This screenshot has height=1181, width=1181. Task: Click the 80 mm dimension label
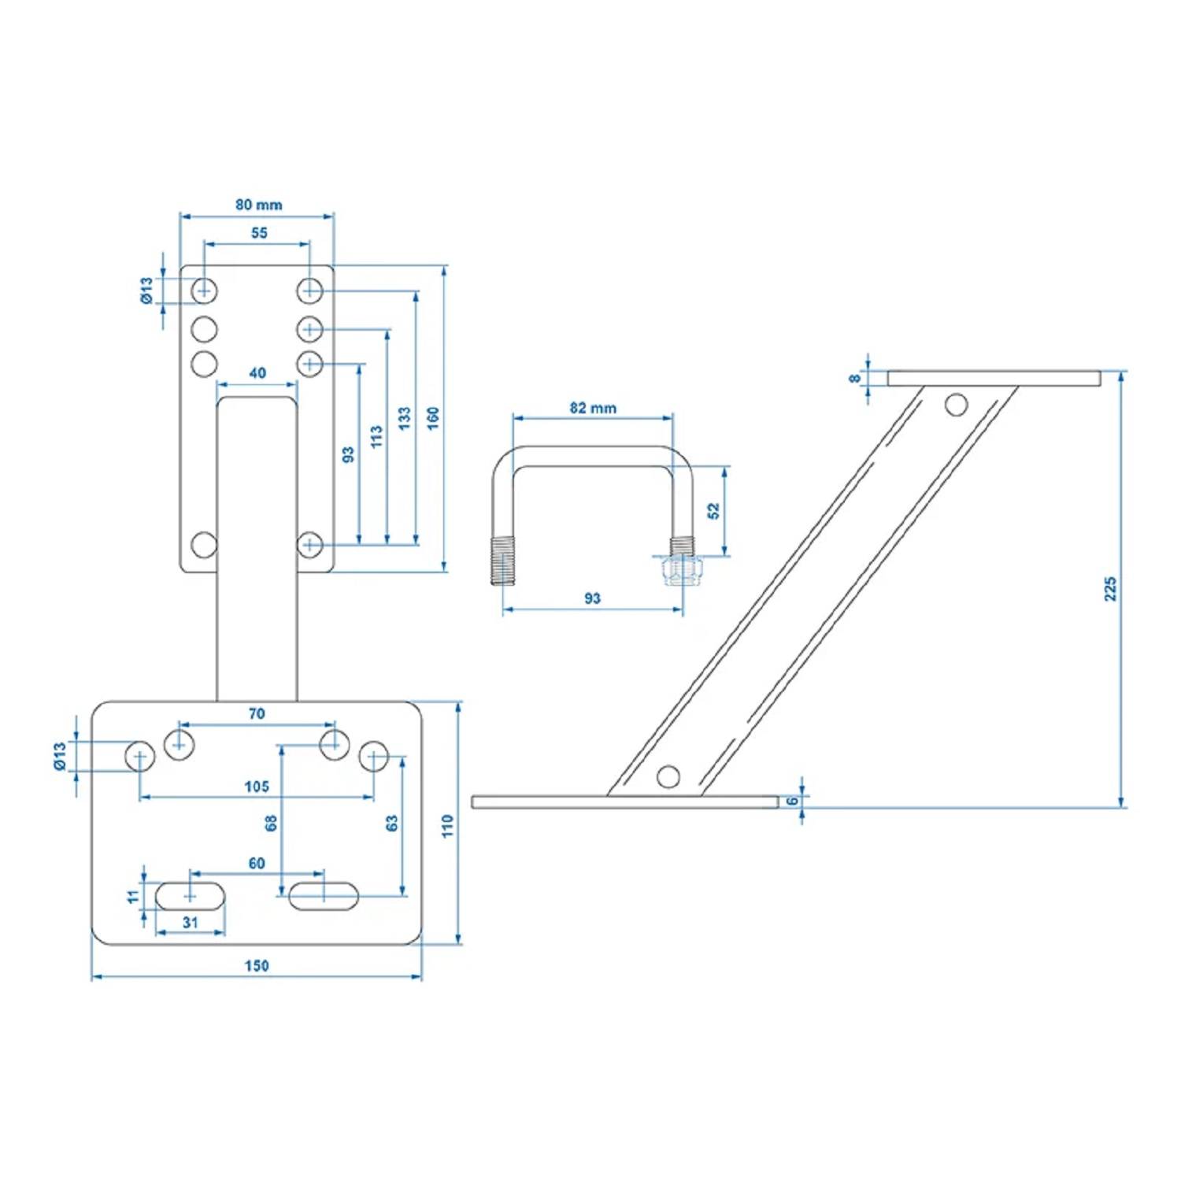tap(258, 205)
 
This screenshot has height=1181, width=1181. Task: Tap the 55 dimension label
tap(259, 233)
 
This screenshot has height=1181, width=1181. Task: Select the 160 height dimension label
tap(433, 418)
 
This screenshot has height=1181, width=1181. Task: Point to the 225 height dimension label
tap(1110, 589)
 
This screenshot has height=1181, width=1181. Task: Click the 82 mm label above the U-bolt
tap(593, 408)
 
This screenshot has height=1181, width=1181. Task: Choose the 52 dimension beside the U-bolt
tap(713, 511)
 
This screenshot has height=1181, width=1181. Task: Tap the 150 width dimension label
tap(257, 965)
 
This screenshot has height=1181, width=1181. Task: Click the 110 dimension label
tap(448, 826)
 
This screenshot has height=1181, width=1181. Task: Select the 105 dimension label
tap(257, 786)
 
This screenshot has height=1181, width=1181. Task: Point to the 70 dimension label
tap(257, 714)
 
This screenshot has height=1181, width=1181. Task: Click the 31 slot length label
tap(191, 922)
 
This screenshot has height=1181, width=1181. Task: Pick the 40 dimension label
tap(257, 373)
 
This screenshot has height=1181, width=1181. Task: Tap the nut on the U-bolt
tap(683, 569)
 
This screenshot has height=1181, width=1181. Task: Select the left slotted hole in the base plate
tap(190, 896)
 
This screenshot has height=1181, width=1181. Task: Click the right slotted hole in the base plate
tap(324, 896)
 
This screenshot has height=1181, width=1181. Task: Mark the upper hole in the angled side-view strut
tap(956, 405)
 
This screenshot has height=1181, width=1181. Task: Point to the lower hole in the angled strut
tap(668, 777)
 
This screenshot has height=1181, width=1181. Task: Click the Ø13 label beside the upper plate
tap(146, 291)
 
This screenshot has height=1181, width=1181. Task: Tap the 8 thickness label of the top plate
tap(855, 379)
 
